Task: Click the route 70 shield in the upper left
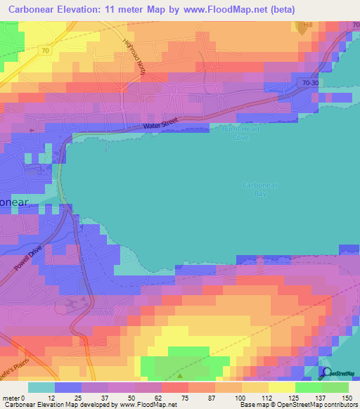[46, 51]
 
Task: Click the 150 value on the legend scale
[346, 397]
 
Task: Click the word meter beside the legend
[11, 397]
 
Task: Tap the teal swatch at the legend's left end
[41, 387]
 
